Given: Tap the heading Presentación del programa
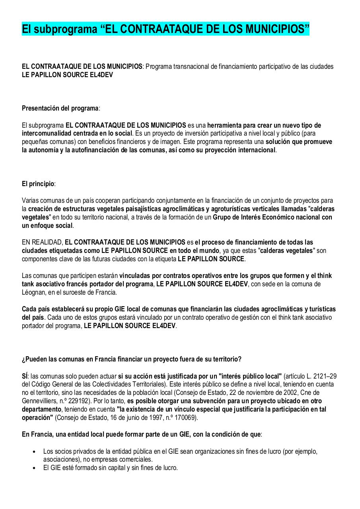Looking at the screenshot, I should coord(60,108).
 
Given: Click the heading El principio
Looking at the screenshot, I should coord(38,184).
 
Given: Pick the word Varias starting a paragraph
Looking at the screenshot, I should coord(30,200).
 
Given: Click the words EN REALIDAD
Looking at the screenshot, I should coord(42,242).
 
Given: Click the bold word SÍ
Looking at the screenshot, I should coord(25,376).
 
